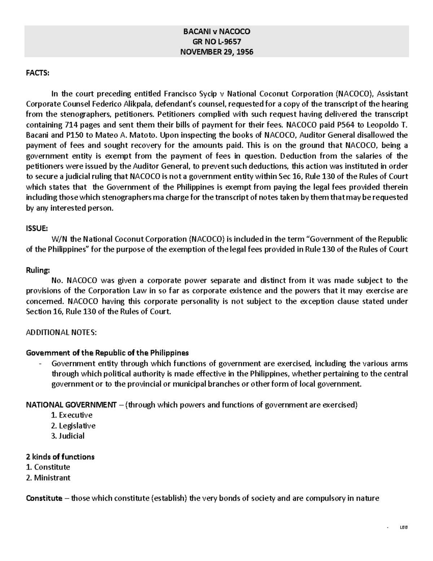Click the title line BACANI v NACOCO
point(216,31)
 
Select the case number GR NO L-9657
point(216,42)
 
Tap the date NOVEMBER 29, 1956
point(216,52)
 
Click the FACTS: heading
point(37,73)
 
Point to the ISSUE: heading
point(36,229)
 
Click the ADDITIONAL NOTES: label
point(61,333)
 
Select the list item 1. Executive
point(72,415)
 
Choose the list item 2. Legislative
point(73,426)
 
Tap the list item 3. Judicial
point(68,436)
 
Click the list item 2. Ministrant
point(48,478)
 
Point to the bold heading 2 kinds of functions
point(60,457)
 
